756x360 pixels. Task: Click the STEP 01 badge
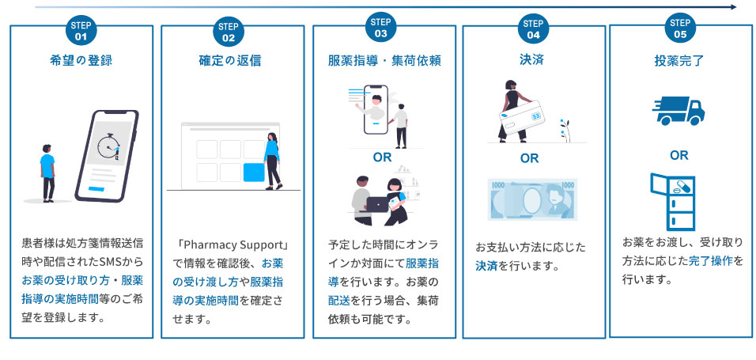(81, 31)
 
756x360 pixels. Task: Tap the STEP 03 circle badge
(381, 28)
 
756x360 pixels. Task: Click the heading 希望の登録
(81, 60)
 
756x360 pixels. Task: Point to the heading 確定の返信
(230, 60)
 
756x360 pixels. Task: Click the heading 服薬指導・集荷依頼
(384, 60)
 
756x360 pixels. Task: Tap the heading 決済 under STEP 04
(532, 59)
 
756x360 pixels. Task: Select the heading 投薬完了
(679, 59)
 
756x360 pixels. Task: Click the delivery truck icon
(678, 111)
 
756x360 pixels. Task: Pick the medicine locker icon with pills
(672, 203)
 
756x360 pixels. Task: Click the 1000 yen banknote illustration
(532, 199)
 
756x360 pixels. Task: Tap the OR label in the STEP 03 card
(383, 157)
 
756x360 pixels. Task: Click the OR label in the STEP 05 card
(679, 155)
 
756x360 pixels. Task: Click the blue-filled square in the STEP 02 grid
(254, 172)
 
